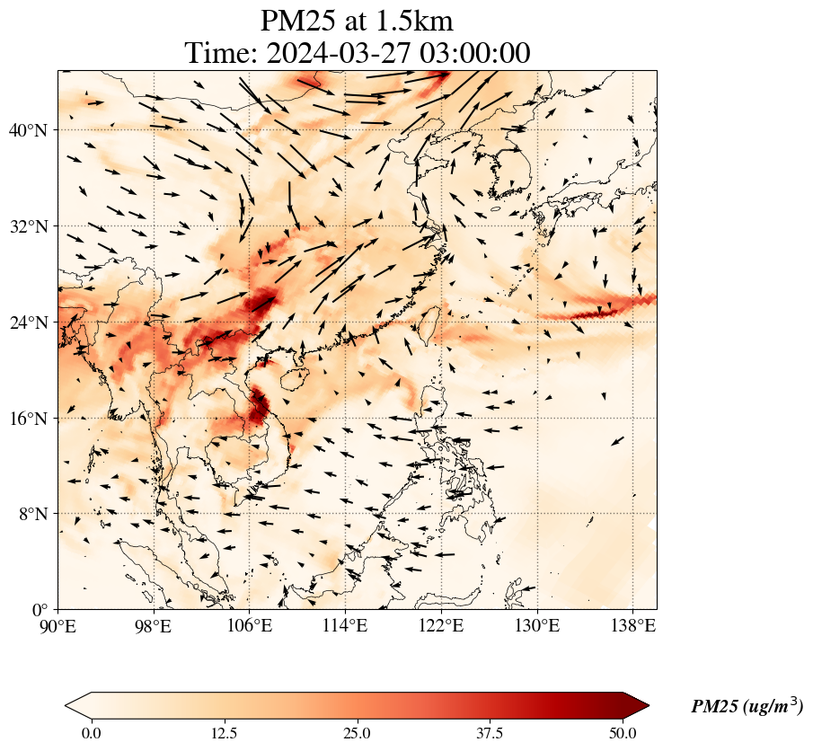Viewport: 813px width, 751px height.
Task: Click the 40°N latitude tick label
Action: pos(33,130)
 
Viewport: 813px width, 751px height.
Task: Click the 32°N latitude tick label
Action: pos(33,226)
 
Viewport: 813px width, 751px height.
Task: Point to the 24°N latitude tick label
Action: pos(33,322)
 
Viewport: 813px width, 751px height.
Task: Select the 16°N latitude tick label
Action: pos(33,419)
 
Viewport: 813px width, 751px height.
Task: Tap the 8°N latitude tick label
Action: pos(37,515)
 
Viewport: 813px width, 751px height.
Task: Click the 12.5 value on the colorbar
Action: pos(224,733)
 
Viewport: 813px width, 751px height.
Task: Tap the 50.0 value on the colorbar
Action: pos(623,733)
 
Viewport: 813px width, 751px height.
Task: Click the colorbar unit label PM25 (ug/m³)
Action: pos(747,706)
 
